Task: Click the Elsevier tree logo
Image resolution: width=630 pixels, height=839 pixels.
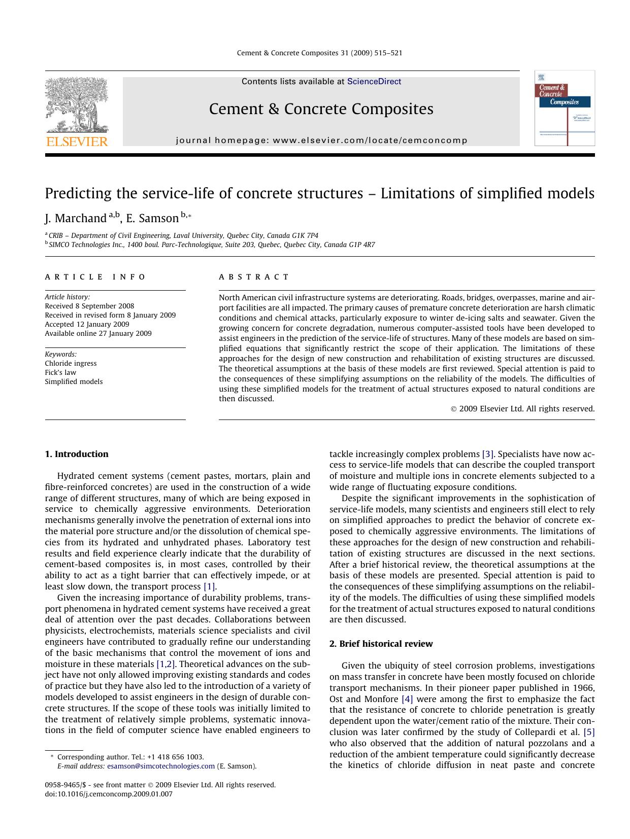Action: (77, 105)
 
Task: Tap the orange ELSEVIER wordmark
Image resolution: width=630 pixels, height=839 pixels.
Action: (77, 142)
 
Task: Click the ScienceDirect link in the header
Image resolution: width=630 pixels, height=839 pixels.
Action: (374, 82)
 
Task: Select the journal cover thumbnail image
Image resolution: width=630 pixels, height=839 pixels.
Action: (565, 108)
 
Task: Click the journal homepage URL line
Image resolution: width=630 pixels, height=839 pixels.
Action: (321, 141)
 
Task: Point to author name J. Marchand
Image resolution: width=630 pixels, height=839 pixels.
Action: (75, 219)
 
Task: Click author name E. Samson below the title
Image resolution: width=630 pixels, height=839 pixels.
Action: (152, 219)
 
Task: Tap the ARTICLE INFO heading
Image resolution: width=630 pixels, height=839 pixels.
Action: (95, 277)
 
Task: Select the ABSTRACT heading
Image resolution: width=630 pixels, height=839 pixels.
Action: (254, 277)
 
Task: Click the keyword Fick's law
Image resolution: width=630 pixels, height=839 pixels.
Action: (60, 372)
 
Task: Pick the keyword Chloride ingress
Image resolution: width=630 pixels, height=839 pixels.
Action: (71, 363)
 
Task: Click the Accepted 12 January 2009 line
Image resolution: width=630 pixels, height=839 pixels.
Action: (87, 324)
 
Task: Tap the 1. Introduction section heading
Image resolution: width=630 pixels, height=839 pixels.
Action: (77, 454)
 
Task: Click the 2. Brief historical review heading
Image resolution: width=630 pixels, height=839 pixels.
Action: (381, 644)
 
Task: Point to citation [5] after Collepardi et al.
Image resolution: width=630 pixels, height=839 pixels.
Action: (589, 732)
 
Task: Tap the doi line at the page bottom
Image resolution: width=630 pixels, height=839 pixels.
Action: (109, 794)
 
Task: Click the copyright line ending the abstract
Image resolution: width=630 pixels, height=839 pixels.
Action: (522, 409)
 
